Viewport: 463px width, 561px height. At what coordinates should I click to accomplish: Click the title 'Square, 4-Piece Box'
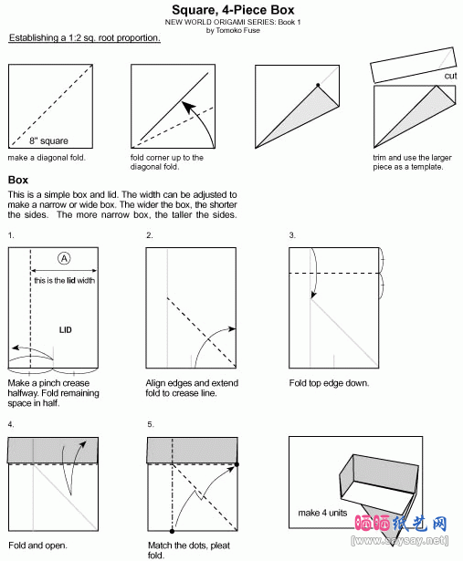tap(233, 10)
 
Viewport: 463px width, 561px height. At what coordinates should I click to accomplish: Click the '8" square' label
tap(48, 140)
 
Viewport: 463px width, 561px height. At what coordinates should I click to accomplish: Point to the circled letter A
tap(64, 258)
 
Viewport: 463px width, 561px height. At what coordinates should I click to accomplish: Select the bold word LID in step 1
tap(65, 329)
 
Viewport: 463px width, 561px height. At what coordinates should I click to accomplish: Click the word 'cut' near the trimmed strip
tap(450, 76)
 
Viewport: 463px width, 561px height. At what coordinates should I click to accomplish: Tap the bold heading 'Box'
tap(18, 180)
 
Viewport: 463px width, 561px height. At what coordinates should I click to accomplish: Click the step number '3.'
tap(292, 235)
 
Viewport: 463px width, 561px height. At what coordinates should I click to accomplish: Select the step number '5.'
tap(151, 424)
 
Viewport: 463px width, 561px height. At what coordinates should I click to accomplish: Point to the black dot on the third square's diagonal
tap(318, 85)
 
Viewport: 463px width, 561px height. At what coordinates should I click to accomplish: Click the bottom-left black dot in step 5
tap(173, 531)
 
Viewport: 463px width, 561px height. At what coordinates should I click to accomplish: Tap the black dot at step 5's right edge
tap(237, 464)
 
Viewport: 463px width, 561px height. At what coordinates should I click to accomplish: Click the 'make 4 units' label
tap(322, 513)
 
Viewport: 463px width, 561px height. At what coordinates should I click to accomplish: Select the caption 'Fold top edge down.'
tap(329, 383)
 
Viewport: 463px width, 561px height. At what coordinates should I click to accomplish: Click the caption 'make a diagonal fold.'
tap(47, 158)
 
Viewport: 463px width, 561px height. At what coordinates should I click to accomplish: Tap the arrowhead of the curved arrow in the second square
tap(188, 106)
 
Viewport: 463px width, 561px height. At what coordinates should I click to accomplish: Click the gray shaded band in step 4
tap(53, 450)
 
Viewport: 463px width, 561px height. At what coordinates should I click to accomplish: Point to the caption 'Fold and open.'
tap(37, 545)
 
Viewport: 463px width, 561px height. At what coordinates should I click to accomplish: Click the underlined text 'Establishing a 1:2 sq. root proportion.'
tap(85, 38)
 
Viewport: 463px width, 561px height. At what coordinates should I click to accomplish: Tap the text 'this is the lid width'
tap(65, 281)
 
